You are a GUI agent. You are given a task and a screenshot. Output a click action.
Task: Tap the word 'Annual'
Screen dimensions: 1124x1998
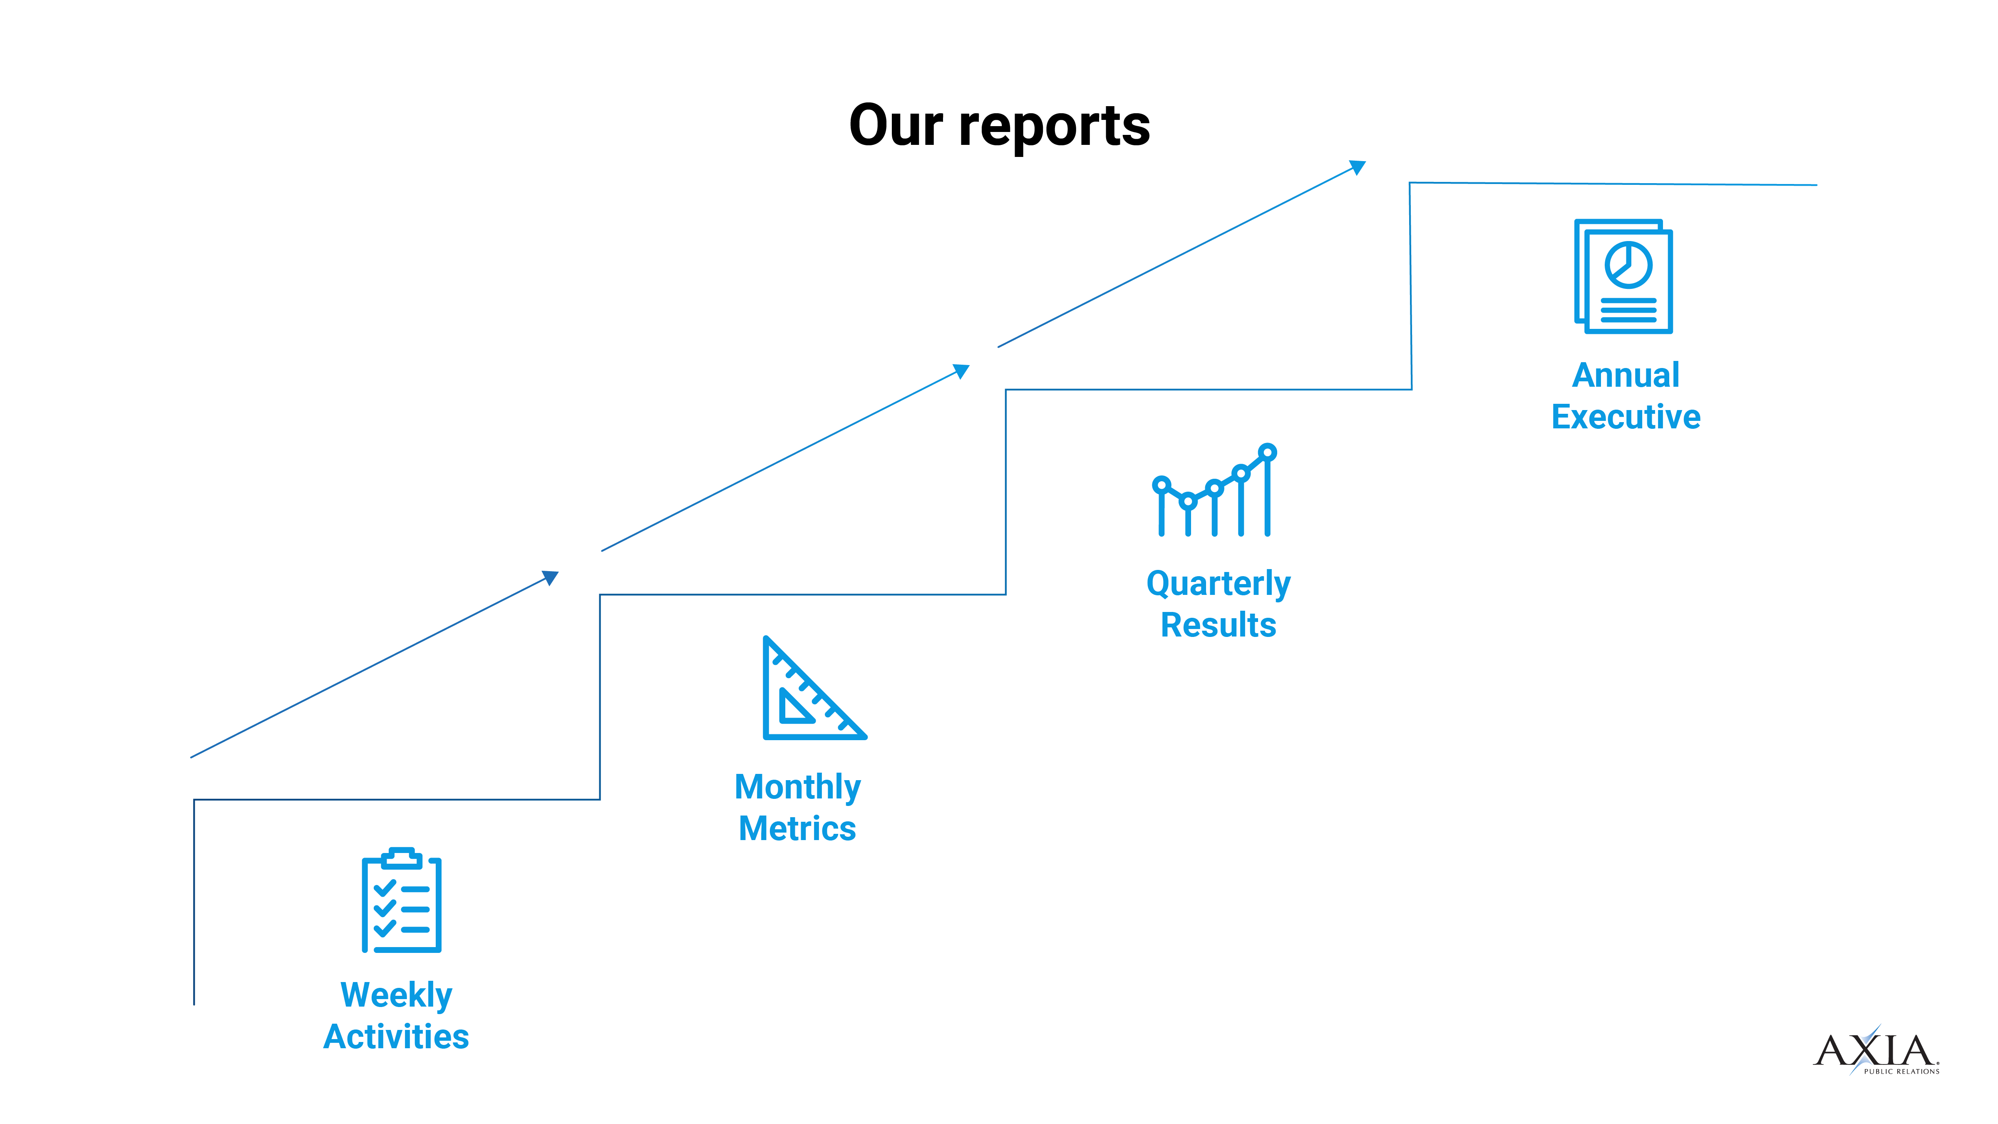coord(1626,375)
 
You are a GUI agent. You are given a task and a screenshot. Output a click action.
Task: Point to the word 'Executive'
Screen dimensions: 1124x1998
coord(1626,417)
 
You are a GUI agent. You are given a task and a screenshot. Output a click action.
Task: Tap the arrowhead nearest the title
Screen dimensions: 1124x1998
coord(1358,167)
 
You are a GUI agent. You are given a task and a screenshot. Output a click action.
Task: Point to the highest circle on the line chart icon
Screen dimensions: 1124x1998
coord(1267,451)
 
